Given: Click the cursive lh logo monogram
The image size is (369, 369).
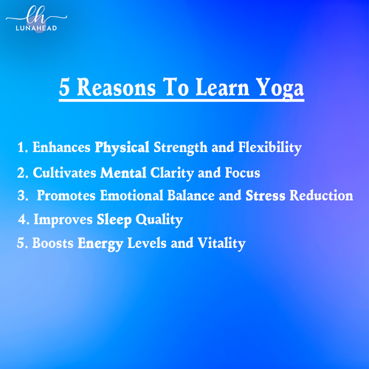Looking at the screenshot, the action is pyautogui.click(x=36, y=15).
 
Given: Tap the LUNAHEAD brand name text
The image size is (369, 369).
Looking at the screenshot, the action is pyautogui.click(x=36, y=28).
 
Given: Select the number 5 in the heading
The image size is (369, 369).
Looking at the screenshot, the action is pyautogui.click(x=64, y=87).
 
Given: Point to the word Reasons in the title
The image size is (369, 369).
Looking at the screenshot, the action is pyautogui.click(x=117, y=87).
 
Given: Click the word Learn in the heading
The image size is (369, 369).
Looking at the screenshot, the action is pyautogui.click(x=222, y=87).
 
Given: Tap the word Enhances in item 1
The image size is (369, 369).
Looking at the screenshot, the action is pyautogui.click(x=61, y=147).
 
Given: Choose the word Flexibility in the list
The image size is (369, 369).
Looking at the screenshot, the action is pyautogui.click(x=270, y=148).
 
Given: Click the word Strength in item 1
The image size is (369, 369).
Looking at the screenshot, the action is pyautogui.click(x=180, y=148).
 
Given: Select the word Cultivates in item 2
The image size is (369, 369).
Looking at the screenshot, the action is pyautogui.click(x=64, y=173).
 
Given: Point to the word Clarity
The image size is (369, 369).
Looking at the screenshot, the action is pyautogui.click(x=172, y=173).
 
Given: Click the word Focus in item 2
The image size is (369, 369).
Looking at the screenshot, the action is pyautogui.click(x=243, y=173).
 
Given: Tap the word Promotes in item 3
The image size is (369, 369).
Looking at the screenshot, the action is pyautogui.click(x=66, y=196).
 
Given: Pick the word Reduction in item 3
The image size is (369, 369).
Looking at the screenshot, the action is pyautogui.click(x=321, y=196).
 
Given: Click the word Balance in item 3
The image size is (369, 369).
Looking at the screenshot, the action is pyautogui.click(x=191, y=196).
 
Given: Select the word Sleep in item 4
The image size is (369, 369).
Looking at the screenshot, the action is pyautogui.click(x=114, y=220).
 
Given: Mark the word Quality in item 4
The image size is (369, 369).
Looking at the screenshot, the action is pyautogui.click(x=159, y=220).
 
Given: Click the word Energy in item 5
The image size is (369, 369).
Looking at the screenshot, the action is pyautogui.click(x=100, y=244).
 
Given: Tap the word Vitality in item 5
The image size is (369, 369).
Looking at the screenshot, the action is pyautogui.click(x=221, y=244).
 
